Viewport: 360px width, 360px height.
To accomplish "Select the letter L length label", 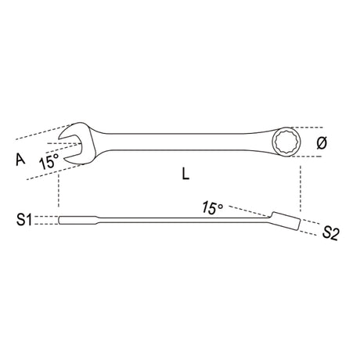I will click(x=185, y=176).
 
